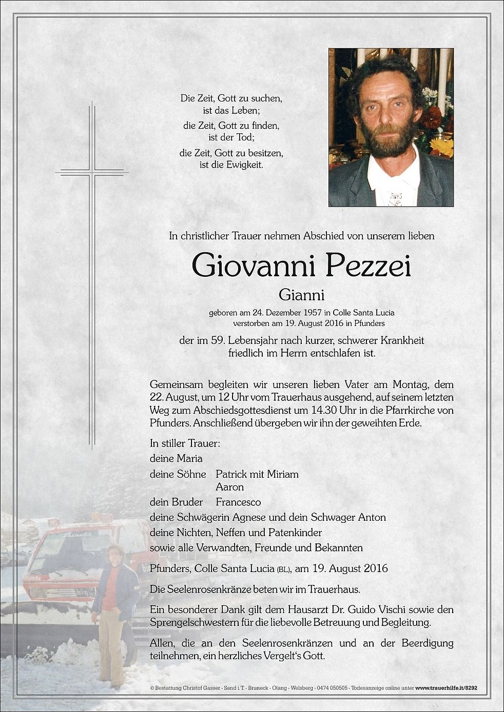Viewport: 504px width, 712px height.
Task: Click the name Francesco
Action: [x=238, y=502]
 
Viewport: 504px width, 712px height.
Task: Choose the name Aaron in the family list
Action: [x=229, y=487]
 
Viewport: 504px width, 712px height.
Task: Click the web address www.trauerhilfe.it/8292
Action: [x=446, y=688]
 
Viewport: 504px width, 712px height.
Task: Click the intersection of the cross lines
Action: [x=92, y=172]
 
